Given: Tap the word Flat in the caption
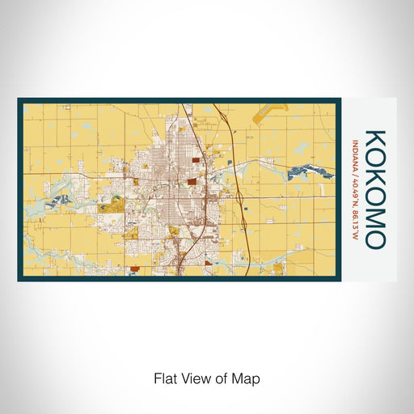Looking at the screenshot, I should [x=163, y=378].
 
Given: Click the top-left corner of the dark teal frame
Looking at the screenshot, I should [x=19, y=100].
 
